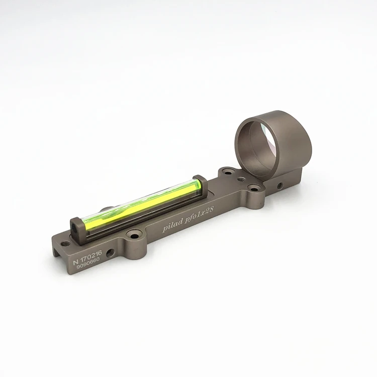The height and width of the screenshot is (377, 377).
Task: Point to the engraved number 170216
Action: (91, 255)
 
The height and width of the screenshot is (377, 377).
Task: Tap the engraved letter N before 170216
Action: (76, 262)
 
